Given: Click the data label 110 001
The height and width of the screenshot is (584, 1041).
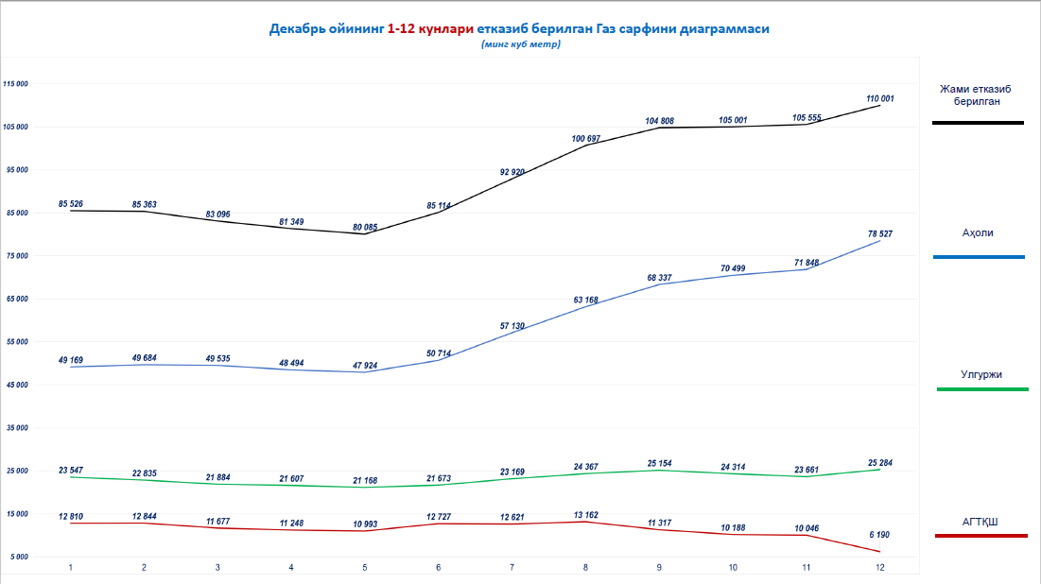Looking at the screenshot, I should point(880,98).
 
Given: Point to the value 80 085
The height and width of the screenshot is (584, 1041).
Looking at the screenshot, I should point(365,227).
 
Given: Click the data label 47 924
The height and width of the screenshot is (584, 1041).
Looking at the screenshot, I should point(365,365).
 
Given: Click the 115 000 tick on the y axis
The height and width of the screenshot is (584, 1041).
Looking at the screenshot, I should point(17,84).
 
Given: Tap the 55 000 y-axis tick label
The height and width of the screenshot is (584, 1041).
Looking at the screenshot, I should point(17,342).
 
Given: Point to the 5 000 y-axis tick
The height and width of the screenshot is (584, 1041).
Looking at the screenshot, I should point(19,557).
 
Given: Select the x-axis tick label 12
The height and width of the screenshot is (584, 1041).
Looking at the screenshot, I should point(880,567).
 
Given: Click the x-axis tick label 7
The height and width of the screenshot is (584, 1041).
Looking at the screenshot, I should point(512,567).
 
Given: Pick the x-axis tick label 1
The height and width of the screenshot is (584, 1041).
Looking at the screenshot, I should point(70,567).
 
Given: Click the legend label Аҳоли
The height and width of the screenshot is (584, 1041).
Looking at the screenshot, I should point(978,232).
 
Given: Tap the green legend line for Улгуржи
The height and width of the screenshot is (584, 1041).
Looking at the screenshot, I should point(981,389).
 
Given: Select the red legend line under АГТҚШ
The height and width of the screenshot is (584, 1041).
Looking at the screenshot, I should point(980,536).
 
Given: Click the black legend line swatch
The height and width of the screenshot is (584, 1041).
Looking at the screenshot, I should point(978,123).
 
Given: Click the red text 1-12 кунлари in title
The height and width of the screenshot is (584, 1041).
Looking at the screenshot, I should point(430,29).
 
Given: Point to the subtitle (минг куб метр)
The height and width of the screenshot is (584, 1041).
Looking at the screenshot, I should point(520,44).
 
